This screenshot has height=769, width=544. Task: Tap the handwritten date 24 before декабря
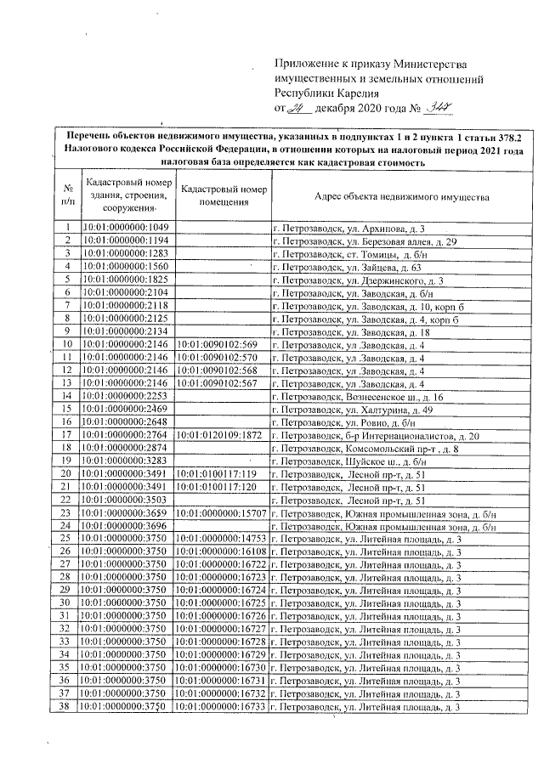(x=297, y=108)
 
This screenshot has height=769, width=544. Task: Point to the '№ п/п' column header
(x=67, y=195)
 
